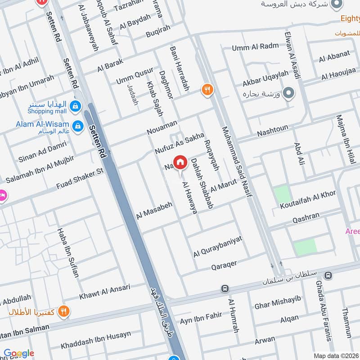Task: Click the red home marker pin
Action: (180, 162)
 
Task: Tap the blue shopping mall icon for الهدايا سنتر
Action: (76, 106)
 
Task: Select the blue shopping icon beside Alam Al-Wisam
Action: (78, 125)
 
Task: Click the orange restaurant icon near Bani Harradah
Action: (207, 90)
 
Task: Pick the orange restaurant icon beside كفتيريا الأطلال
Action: (64, 311)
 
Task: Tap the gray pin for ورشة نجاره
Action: (290, 94)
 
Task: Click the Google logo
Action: (19, 353)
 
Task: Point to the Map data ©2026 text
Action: (336, 355)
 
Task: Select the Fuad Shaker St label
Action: (80, 178)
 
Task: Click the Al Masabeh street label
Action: (154, 208)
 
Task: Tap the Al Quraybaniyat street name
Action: (218, 247)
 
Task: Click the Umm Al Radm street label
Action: (256, 47)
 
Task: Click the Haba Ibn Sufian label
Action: (68, 252)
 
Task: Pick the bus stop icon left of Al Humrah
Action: (224, 288)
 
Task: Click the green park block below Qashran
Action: (305, 247)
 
